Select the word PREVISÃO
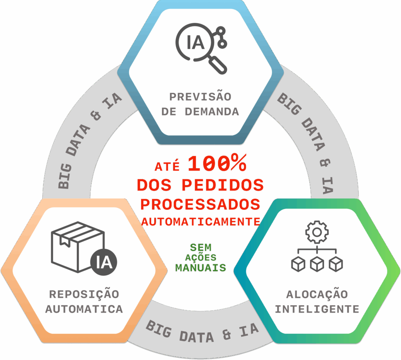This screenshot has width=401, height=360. pyautogui.click(x=200, y=97)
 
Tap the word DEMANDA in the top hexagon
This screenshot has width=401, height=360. pyautogui.click(x=212, y=112)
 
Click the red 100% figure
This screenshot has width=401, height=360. pyautogui.click(x=217, y=164)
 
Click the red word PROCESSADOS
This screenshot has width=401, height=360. pyautogui.click(x=200, y=204)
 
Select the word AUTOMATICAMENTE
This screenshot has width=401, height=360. pyautogui.click(x=201, y=222)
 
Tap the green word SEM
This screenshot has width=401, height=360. pyautogui.click(x=200, y=247)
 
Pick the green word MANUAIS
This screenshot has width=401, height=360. pyautogui.click(x=200, y=268)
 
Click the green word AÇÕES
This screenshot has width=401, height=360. pyautogui.click(x=200, y=258)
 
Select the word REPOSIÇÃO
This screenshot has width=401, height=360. pyautogui.click(x=84, y=294)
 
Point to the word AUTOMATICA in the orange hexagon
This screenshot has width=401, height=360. pyautogui.click(x=84, y=309)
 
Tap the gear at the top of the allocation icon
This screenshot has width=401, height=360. pyautogui.click(x=317, y=232)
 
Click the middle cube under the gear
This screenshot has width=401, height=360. pyautogui.click(x=317, y=264)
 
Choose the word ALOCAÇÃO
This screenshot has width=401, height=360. pyautogui.click(x=317, y=294)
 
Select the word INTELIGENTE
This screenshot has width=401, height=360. pyautogui.click(x=317, y=309)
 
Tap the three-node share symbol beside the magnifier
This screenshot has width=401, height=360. pyautogui.click(x=221, y=37)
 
